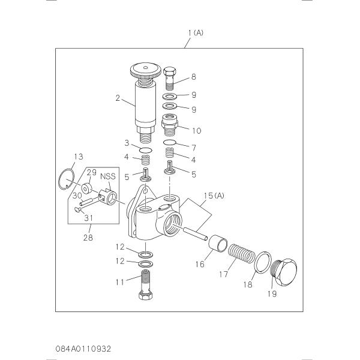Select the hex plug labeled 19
pos(284,272)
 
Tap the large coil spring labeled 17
pos(241,253)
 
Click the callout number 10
pos(197,131)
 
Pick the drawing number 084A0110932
pos(83,349)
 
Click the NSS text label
pos(108,176)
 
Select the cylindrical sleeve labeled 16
pos(218,244)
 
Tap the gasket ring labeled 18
pos(263,262)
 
